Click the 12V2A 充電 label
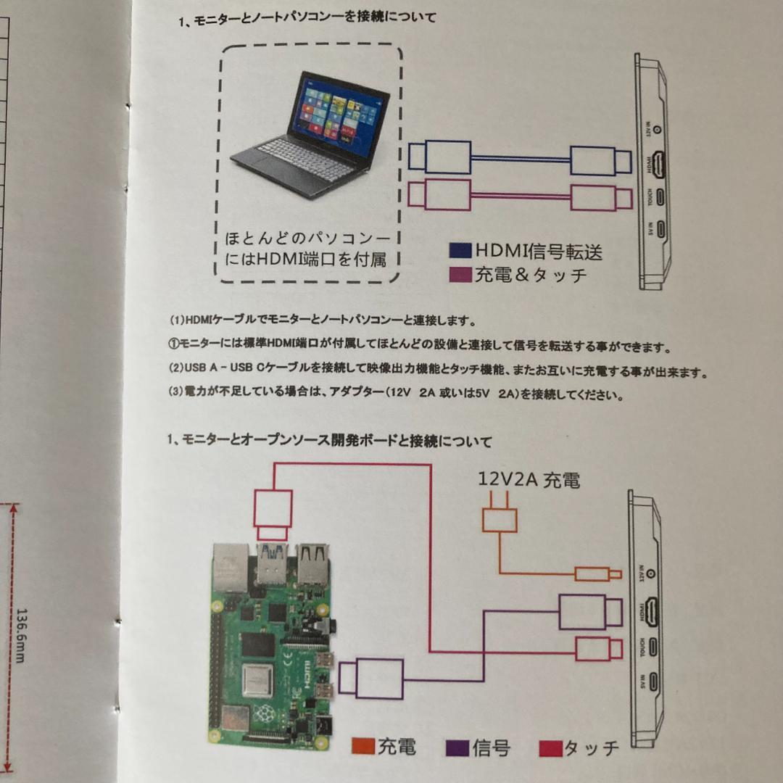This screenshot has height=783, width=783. [x=529, y=480]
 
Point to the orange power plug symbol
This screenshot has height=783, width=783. [x=500, y=515]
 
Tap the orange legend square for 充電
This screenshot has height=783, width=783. [x=363, y=746]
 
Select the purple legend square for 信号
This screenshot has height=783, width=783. [x=457, y=747]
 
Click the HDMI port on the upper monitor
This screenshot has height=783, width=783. [x=657, y=165]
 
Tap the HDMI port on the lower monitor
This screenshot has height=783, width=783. [x=654, y=612]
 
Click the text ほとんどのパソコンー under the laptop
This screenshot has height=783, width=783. [x=307, y=239]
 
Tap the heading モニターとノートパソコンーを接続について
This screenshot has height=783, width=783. [x=307, y=19]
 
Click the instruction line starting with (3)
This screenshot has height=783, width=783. [x=395, y=395]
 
